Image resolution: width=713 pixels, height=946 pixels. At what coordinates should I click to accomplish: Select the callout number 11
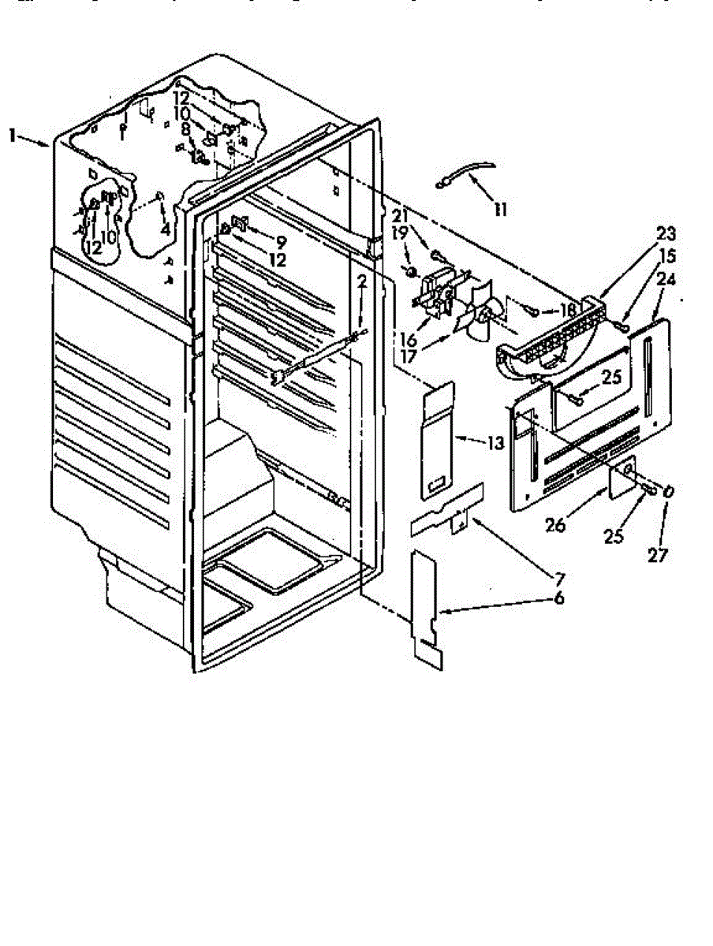coord(500,210)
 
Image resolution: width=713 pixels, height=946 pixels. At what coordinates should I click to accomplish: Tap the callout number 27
coord(657,555)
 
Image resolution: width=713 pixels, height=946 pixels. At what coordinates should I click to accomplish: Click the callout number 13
coord(495,443)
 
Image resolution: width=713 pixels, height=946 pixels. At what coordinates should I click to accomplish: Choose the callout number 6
coord(558,598)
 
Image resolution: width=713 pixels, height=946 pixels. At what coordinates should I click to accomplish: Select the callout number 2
coord(361,281)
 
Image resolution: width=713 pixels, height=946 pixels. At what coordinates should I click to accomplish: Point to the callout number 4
coord(165,229)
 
